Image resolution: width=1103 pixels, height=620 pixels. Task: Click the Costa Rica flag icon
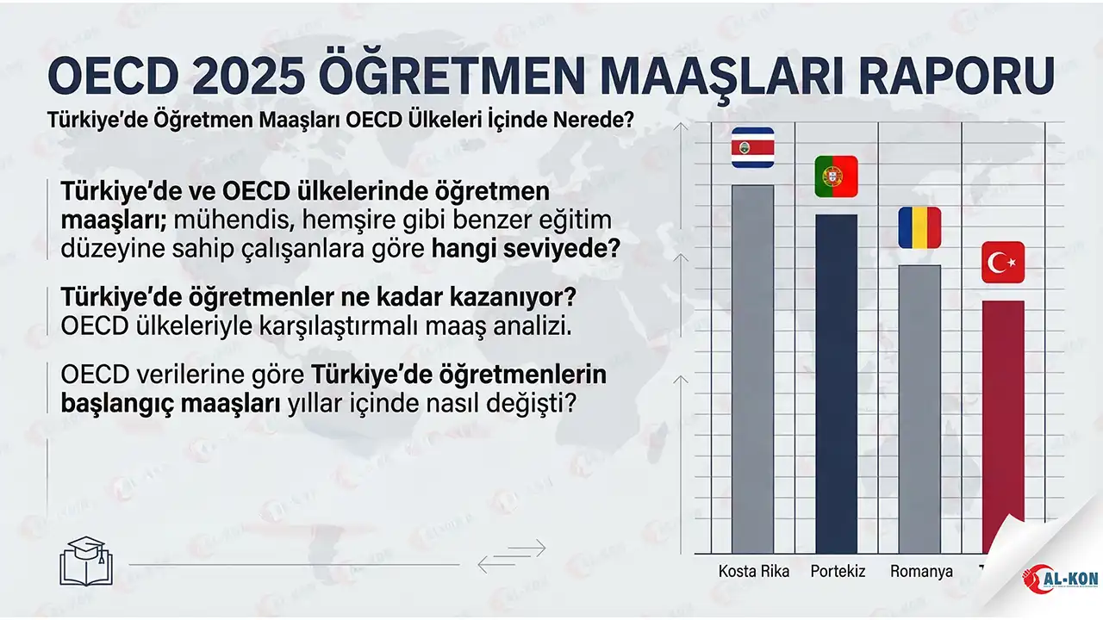(x=752, y=147)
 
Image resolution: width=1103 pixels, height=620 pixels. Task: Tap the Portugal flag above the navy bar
(x=836, y=176)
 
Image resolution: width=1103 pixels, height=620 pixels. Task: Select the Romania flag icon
(x=919, y=227)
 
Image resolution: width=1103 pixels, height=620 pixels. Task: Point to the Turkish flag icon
(x=1003, y=262)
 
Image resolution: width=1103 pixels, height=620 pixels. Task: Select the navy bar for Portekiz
(x=836, y=383)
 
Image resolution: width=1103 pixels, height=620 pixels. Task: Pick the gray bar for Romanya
(x=919, y=408)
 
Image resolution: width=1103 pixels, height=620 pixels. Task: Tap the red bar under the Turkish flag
(x=1003, y=422)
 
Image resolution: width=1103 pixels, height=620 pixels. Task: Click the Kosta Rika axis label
(x=753, y=571)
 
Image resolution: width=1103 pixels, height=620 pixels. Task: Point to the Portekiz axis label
(x=838, y=571)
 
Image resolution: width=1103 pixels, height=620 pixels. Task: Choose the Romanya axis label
(x=921, y=571)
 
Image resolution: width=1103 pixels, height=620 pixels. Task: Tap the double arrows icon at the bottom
(x=512, y=556)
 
